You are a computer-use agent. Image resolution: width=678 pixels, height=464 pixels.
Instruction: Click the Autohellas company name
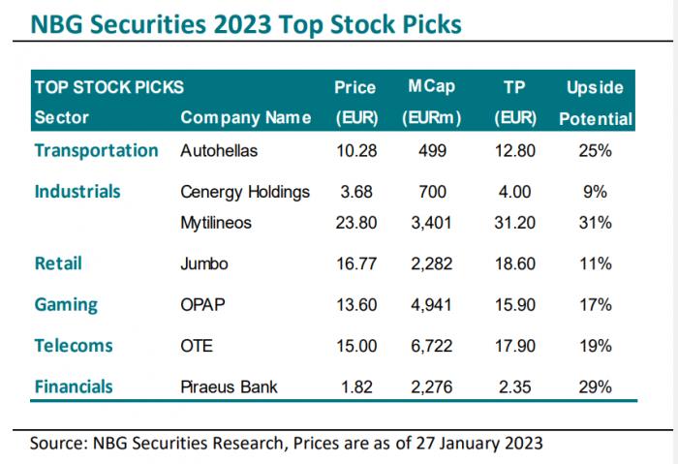pos(219,151)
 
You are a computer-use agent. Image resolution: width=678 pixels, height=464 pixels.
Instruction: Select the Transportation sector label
pos(97,150)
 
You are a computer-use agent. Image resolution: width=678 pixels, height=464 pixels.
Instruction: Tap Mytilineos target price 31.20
pos(514,223)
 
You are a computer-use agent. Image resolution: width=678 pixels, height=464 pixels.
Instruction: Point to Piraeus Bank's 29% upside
pos(595,387)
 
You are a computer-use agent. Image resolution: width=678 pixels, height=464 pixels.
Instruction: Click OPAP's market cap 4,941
pos(431,305)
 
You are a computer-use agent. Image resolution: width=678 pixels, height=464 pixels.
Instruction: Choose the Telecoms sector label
pos(74,346)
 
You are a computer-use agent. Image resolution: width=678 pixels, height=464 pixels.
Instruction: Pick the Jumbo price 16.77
pos(356,263)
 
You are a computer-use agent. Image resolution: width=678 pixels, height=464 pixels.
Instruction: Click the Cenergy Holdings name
pos(245,193)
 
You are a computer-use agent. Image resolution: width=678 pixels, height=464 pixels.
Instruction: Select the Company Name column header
pos(246,117)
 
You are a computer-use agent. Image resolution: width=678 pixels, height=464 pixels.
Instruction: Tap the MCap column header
pos(432,86)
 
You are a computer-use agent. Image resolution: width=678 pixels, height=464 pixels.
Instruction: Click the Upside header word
pos(595,88)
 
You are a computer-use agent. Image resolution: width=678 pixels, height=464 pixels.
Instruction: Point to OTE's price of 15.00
pos(356,346)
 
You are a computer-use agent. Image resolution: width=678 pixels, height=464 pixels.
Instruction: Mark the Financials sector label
pos(74,387)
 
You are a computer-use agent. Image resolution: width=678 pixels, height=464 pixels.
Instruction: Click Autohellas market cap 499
pos(432,151)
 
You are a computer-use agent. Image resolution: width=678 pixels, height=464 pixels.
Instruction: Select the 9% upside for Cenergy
pos(595,192)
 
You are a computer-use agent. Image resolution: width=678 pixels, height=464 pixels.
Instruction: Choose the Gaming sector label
pos(66,305)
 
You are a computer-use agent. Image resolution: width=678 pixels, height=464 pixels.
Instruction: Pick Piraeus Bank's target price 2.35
pos(514,387)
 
